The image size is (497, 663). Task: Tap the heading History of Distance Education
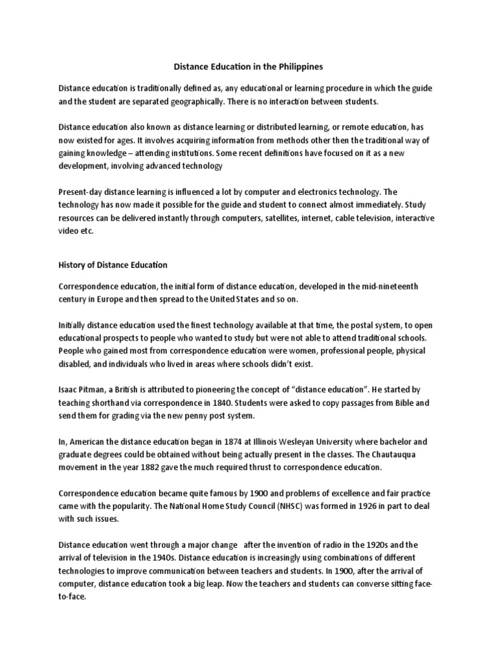click(113, 264)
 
